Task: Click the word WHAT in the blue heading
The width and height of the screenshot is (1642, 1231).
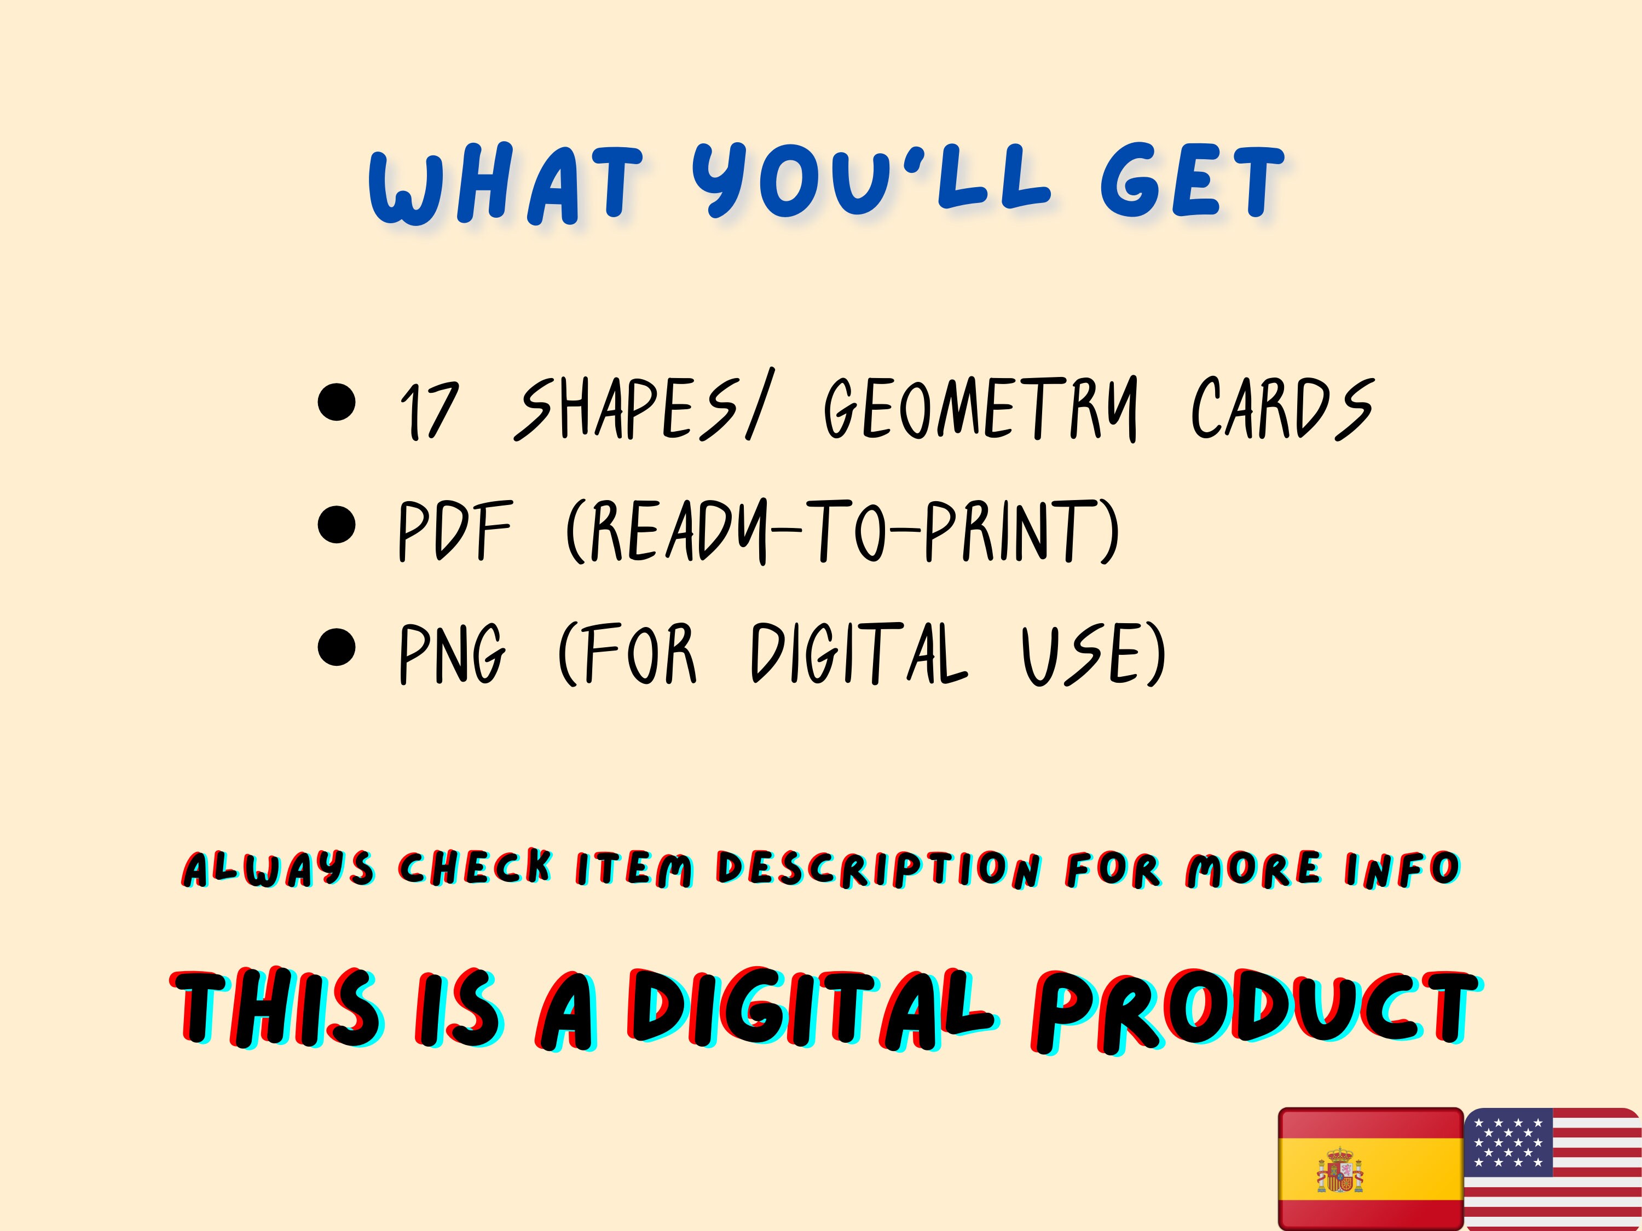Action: tap(505, 185)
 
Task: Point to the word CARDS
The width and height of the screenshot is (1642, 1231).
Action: tap(1283, 408)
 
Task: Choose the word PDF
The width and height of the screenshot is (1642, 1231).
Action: tap(455, 531)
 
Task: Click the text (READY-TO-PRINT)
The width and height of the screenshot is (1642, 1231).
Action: tap(842, 531)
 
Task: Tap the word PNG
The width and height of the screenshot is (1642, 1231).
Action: tap(453, 653)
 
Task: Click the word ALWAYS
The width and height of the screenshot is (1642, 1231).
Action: tap(279, 869)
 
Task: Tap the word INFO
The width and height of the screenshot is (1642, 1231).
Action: tap(1402, 869)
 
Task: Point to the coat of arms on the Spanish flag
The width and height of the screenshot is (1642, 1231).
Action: tap(1340, 1170)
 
